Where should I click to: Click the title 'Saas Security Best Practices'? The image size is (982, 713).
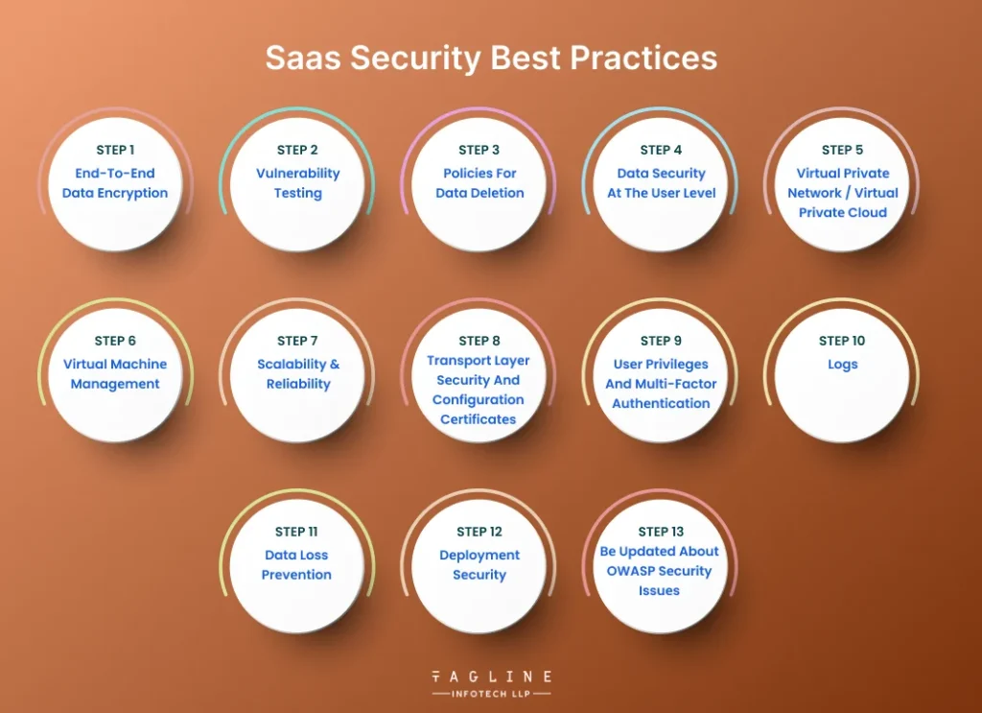click(491, 58)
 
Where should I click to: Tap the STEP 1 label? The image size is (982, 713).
click(115, 150)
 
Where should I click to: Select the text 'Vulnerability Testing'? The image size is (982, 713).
click(297, 183)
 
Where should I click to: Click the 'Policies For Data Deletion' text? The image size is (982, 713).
click(479, 183)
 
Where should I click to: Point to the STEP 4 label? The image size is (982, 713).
click(661, 150)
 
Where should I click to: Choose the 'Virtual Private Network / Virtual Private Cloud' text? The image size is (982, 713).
click(843, 193)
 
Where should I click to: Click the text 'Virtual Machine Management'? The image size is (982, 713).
click(115, 374)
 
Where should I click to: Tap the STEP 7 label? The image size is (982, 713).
click(297, 341)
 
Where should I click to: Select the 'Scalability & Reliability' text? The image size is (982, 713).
click(297, 374)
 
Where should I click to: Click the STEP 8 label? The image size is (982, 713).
click(479, 341)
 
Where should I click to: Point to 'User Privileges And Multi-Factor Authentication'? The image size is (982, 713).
click(661, 384)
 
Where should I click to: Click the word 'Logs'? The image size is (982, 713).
click(842, 365)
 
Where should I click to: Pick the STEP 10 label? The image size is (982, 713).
click(842, 341)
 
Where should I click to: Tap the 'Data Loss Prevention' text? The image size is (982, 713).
click(297, 565)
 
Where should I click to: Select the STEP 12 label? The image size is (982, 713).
click(479, 532)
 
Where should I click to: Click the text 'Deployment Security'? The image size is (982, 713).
click(479, 565)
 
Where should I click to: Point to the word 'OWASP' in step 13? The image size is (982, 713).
click(630, 571)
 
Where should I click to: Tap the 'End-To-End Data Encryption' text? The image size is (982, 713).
click(115, 183)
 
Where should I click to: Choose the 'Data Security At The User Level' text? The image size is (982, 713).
click(661, 183)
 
